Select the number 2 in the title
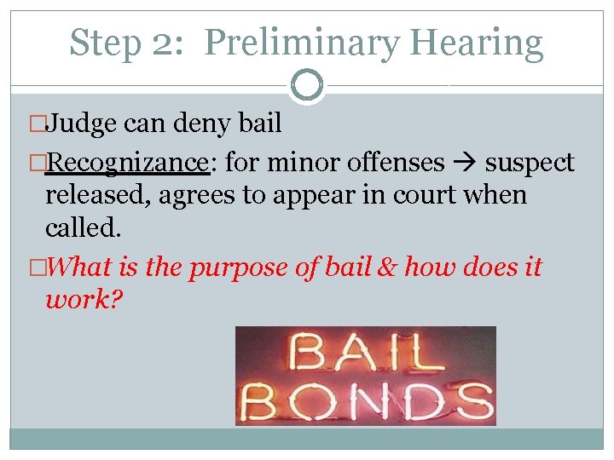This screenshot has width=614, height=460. (161, 42)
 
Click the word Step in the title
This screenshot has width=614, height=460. (104, 42)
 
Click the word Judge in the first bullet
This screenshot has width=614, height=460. (81, 124)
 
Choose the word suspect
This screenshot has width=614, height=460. (530, 162)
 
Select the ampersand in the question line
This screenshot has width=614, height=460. (386, 267)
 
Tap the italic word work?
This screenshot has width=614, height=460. (84, 301)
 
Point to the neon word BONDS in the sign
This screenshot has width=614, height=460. (365, 399)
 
